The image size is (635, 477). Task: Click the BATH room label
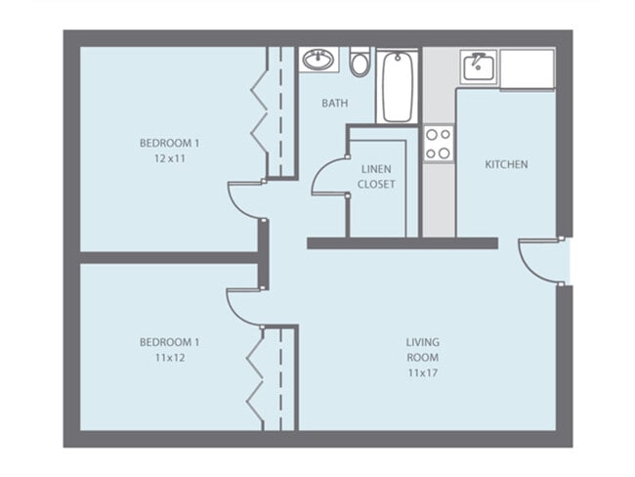pos(334,104)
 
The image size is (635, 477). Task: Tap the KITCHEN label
pos(506,164)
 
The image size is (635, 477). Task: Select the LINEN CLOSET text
pos(376,177)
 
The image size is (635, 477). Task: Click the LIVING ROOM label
pos(422,350)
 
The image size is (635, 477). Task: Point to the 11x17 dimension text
pos(422,372)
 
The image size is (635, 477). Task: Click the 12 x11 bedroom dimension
pos(170,158)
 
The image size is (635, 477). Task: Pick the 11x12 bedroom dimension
pos(170,358)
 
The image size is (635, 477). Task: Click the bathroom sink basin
pos(318,60)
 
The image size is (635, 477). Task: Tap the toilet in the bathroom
pos(360,62)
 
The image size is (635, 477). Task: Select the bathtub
pos(398,86)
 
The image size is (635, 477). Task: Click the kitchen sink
pos(479,67)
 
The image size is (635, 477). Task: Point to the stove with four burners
pos(439,144)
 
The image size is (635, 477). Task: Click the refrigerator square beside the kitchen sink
pos(527,68)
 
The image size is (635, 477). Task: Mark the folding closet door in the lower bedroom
pos(255,379)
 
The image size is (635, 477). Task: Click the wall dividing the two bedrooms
pos(169,258)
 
